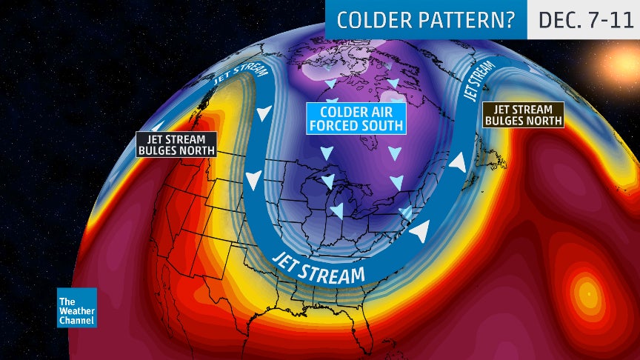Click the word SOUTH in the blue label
click(x=379, y=125)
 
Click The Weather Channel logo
click(x=77, y=307)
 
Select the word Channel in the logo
click(x=77, y=320)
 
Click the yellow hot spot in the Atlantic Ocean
click(x=587, y=291)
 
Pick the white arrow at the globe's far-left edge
click(x=158, y=127)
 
